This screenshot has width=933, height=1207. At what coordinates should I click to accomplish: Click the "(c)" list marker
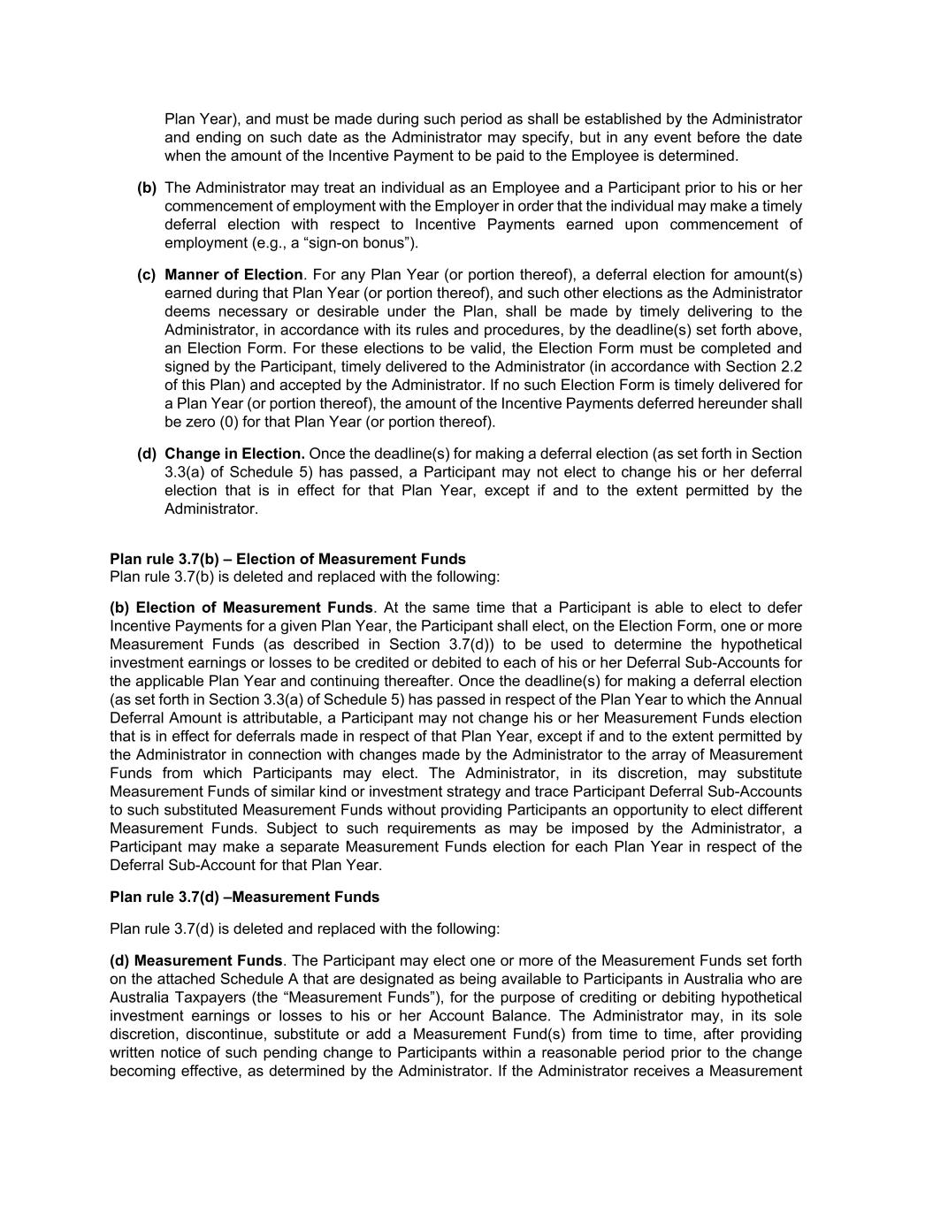pos(147,275)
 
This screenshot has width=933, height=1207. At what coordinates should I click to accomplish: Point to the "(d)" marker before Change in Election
pos(147,454)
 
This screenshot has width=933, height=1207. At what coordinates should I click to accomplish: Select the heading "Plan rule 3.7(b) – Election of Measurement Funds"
pos(287,559)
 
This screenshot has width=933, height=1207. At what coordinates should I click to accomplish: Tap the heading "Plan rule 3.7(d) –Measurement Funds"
pos(244,897)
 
